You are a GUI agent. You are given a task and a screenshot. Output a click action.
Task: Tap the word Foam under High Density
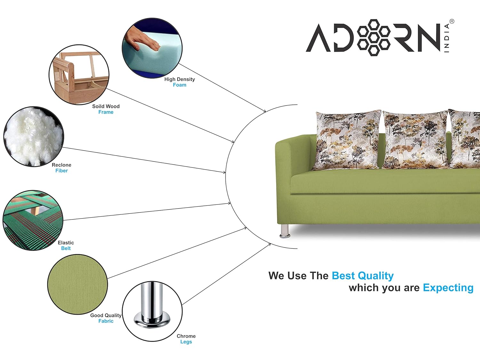tap(180, 85)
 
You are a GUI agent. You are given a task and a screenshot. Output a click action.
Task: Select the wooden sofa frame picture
tap(79, 75)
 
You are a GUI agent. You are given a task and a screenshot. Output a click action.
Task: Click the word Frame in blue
tap(106, 112)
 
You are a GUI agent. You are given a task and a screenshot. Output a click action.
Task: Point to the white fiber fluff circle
tap(34, 137)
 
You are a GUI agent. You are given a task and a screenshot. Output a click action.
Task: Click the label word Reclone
tap(61, 165)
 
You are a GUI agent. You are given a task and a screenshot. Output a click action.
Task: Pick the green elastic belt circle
tap(33, 220)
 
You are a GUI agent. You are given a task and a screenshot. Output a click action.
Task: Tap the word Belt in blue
tap(66, 248)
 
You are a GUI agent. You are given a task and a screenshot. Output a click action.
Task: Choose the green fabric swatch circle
tap(77, 284)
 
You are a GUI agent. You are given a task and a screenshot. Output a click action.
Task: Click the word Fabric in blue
tap(106, 321)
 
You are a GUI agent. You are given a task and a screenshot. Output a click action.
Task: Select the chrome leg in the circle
tap(152, 306)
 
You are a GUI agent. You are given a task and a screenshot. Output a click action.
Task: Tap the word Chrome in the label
tap(186, 336)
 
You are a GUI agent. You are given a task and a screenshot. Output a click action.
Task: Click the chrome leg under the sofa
tap(285, 231)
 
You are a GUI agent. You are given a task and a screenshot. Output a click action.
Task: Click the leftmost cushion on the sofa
tap(347, 140)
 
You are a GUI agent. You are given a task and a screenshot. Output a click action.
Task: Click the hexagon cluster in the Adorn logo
tap(373, 37)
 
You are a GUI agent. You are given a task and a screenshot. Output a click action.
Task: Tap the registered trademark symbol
tap(452, 21)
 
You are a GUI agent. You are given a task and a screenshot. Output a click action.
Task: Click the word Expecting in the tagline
tap(448, 288)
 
